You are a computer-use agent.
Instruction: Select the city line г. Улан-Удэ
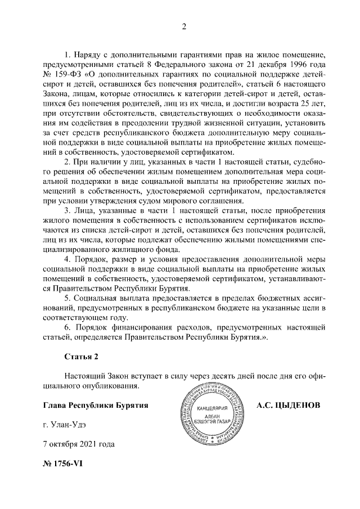[x=66, y=425]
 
